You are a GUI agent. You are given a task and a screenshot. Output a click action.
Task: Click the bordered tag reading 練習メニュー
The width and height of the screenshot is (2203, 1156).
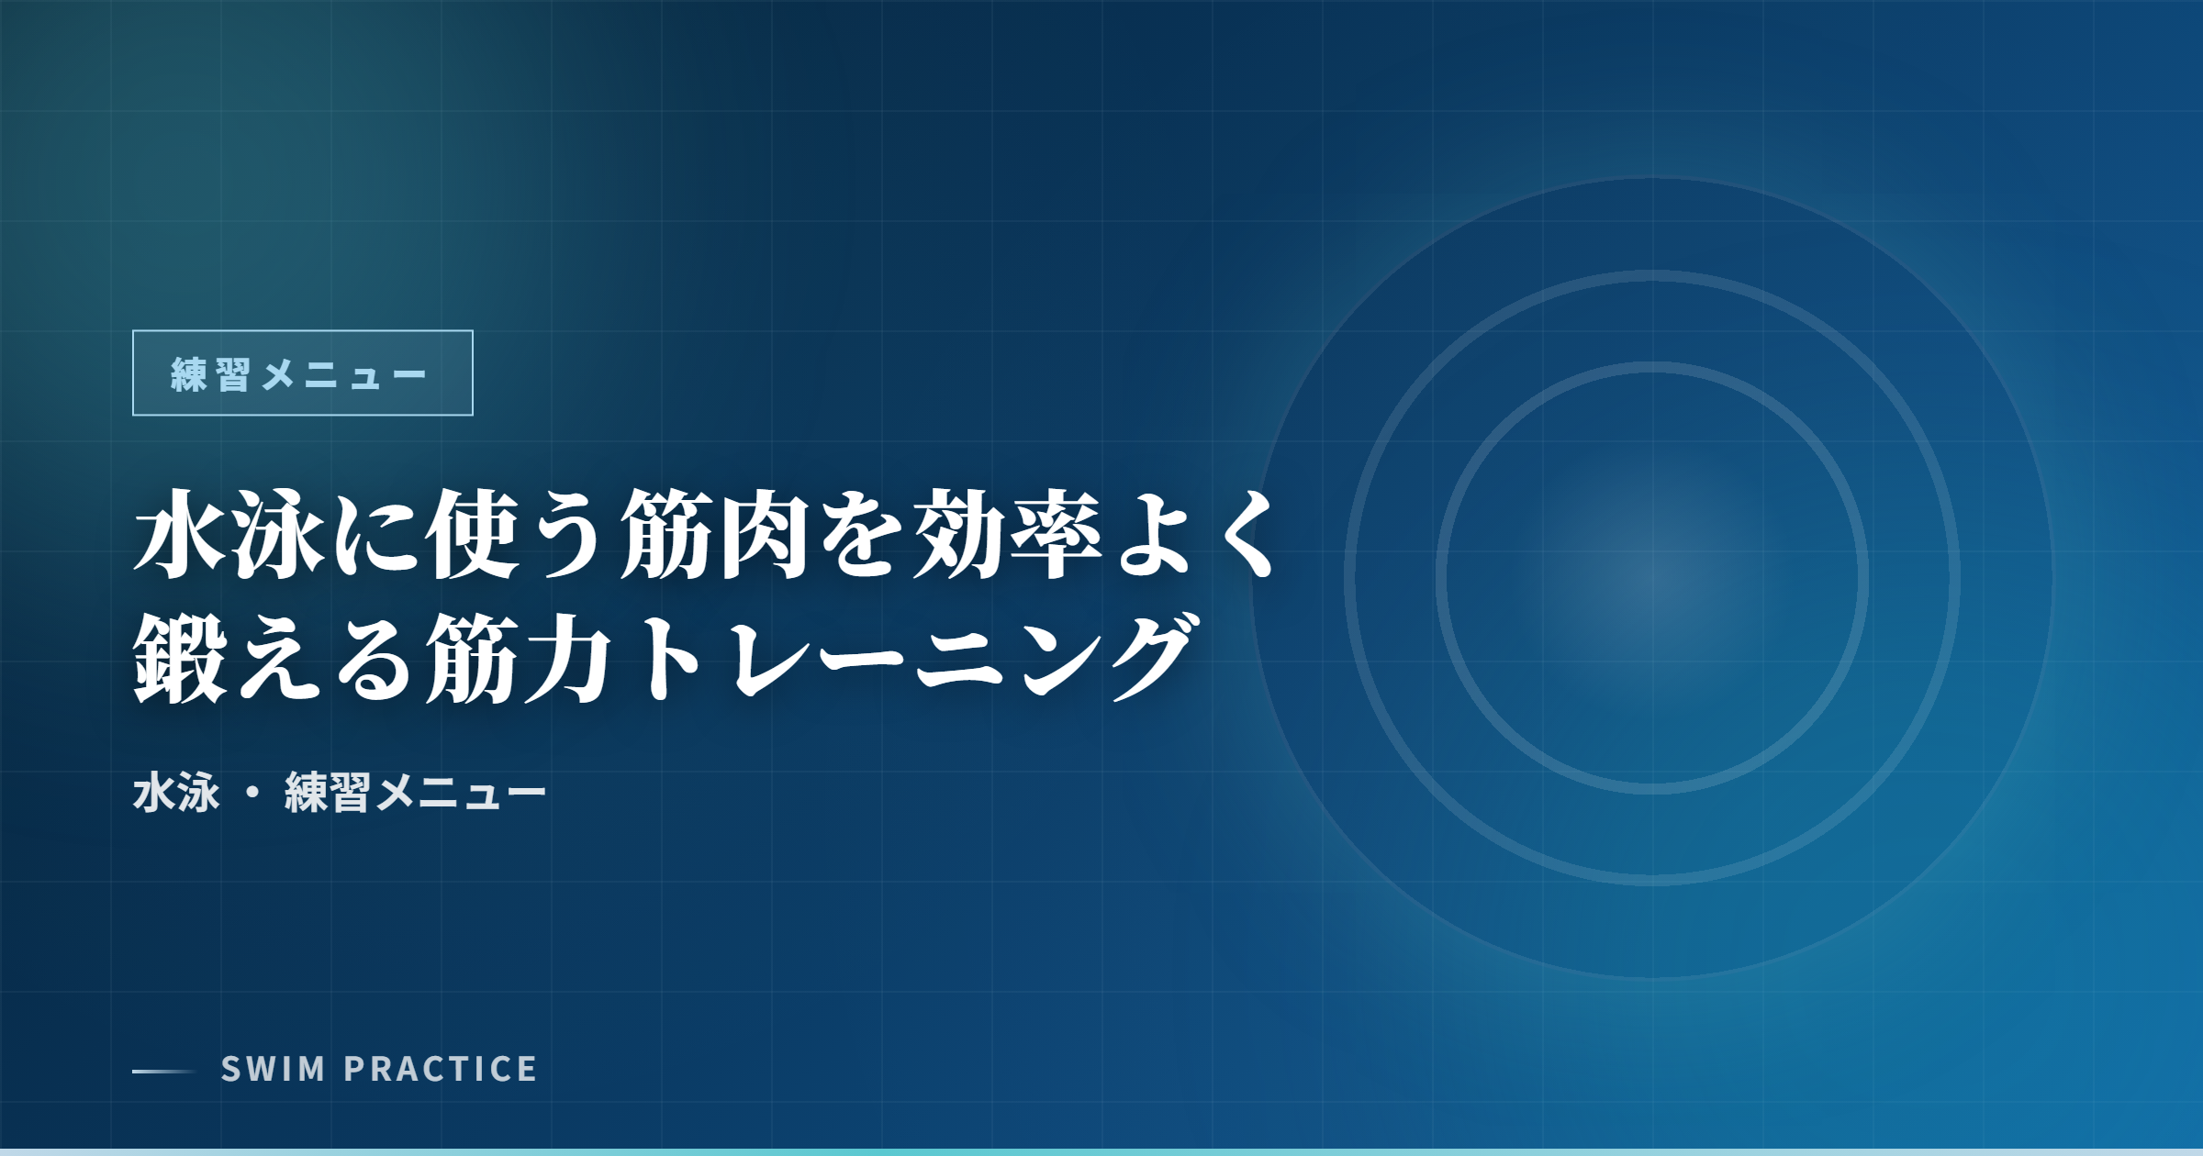coord(303,372)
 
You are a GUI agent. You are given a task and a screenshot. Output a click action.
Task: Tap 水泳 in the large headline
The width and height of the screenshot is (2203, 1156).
coord(229,534)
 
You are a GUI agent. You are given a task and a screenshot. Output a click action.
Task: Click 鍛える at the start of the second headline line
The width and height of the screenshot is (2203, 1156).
coord(276,659)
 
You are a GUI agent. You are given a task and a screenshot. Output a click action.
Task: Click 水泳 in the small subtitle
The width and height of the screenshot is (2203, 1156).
coord(176,793)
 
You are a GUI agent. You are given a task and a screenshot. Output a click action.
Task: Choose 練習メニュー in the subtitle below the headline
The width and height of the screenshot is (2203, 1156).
coord(415,793)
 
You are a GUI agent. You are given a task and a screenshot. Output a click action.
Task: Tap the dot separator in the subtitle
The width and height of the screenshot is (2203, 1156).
coord(252,794)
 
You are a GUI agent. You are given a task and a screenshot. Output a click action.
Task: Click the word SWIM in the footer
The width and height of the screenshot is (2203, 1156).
coord(274,1069)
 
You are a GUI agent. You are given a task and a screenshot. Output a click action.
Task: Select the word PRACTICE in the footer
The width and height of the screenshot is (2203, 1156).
coord(441,1069)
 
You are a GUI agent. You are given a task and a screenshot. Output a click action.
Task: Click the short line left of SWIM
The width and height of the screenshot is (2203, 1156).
coord(164,1071)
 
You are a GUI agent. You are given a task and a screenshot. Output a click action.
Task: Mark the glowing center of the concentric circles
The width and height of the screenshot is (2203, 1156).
coord(1652,578)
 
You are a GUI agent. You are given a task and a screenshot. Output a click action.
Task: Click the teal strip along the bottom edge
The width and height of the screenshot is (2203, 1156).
coord(1101,1152)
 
